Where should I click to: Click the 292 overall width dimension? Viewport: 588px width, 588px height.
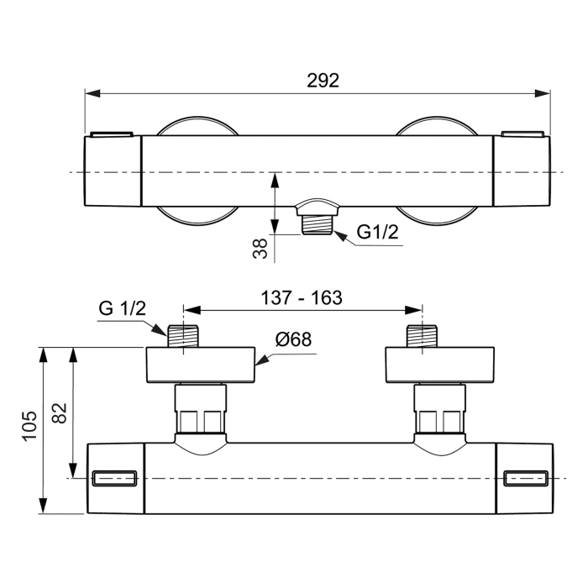[x=323, y=81]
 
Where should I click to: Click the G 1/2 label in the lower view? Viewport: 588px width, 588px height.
[x=122, y=307]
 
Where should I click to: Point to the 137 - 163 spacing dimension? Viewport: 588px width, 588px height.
[x=302, y=297]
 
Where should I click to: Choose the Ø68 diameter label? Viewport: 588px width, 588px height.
[x=293, y=340]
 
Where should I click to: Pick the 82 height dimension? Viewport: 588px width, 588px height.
[x=59, y=413]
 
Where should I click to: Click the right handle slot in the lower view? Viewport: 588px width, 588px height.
[x=526, y=478]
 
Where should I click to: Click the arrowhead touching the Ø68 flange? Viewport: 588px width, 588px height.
[x=260, y=363]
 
